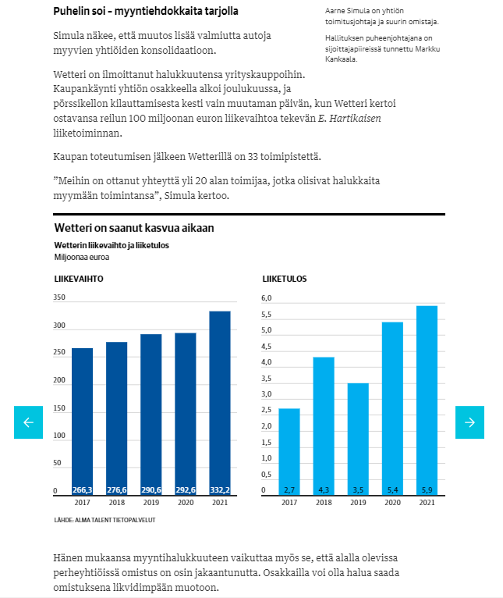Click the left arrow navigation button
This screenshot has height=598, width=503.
pyautogui.click(x=29, y=422)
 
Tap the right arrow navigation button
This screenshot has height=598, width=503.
pyautogui.click(x=469, y=422)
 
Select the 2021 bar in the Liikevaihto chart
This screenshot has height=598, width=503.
pyautogui.click(x=220, y=403)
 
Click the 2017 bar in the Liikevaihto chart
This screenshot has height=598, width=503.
pyautogui.click(x=83, y=422)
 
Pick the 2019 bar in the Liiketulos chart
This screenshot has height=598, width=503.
pyautogui.click(x=358, y=439)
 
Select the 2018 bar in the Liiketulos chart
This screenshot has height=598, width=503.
pyautogui.click(x=324, y=426)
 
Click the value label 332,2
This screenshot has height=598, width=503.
pyautogui.click(x=220, y=490)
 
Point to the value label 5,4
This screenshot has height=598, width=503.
pyautogui.click(x=392, y=490)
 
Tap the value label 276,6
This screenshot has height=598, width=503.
pyautogui.click(x=117, y=490)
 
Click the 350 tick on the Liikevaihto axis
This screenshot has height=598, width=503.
pyautogui.click(x=59, y=297)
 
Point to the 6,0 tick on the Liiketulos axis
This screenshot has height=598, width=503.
pyautogui.click(x=267, y=298)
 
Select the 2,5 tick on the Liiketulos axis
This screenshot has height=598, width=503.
pyautogui.click(x=267, y=410)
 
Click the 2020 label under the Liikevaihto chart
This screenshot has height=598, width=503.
pyautogui.click(x=186, y=503)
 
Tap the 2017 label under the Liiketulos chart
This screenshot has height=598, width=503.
pyautogui.click(x=289, y=503)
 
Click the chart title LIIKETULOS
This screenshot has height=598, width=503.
pyautogui.click(x=285, y=279)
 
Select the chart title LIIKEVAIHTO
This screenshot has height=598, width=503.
pyautogui.click(x=79, y=279)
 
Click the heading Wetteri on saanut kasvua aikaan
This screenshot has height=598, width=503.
pyautogui.click(x=134, y=228)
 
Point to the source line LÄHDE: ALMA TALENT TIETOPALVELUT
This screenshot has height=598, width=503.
pyautogui.click(x=104, y=520)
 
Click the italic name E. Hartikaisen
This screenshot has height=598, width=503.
pyautogui.click(x=349, y=119)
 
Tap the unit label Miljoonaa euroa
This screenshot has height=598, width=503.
pyautogui.click(x=82, y=258)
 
